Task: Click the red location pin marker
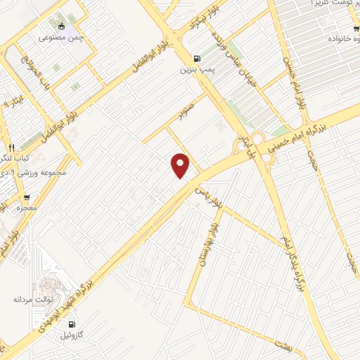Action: (181, 166)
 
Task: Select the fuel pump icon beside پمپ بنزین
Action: (195, 58)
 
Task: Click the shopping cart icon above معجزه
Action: (27, 198)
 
